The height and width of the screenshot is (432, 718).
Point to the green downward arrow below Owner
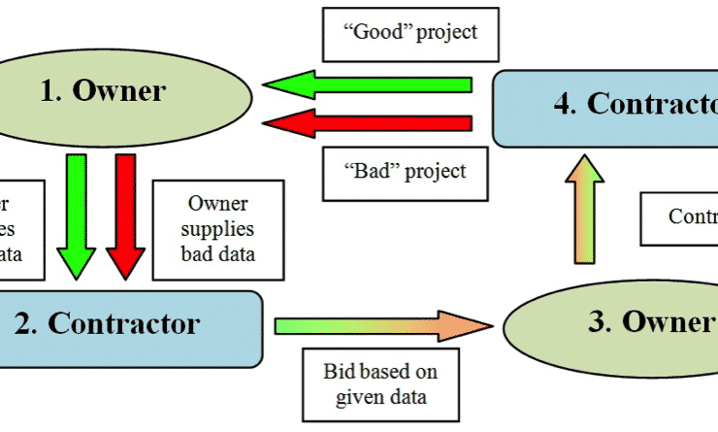pos(76,214)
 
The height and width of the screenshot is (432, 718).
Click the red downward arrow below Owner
pos(124,214)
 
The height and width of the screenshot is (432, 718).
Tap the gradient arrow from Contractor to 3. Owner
pos(378,326)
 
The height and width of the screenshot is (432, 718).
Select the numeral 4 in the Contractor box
pos(565,105)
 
